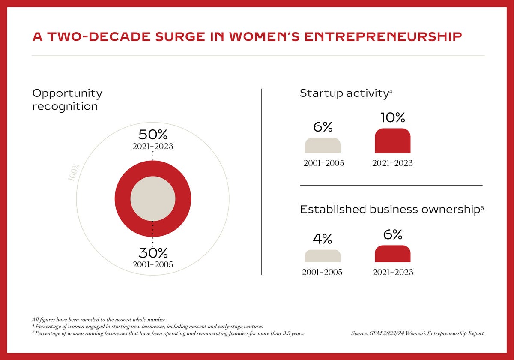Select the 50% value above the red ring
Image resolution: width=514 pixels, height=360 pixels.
tap(152, 135)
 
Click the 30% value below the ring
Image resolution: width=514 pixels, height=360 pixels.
tap(152, 253)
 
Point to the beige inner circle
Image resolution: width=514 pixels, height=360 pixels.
tap(152, 198)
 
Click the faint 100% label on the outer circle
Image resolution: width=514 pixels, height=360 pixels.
tap(74, 172)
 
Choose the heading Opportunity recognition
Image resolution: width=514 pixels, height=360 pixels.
tap(67, 99)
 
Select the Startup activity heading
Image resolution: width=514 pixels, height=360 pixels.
tap(344, 93)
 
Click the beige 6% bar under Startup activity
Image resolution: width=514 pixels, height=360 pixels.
tap(323, 146)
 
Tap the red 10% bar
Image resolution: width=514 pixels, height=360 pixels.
tap(392, 141)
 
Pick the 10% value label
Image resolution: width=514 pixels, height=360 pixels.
tap(392, 118)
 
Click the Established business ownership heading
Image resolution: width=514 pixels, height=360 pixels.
tap(389, 210)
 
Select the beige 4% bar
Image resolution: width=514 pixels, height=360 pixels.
tap(323, 256)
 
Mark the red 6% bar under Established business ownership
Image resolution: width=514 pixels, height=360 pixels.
tap(392, 254)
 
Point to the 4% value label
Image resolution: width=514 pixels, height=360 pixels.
tap(323, 239)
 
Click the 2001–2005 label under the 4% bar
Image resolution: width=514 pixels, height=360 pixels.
tap(322, 272)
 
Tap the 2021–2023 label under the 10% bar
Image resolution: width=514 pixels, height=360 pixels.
tap(392, 163)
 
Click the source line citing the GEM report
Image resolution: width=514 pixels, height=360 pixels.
tap(417, 333)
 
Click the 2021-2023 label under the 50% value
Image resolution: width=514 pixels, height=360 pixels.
tap(152, 147)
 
